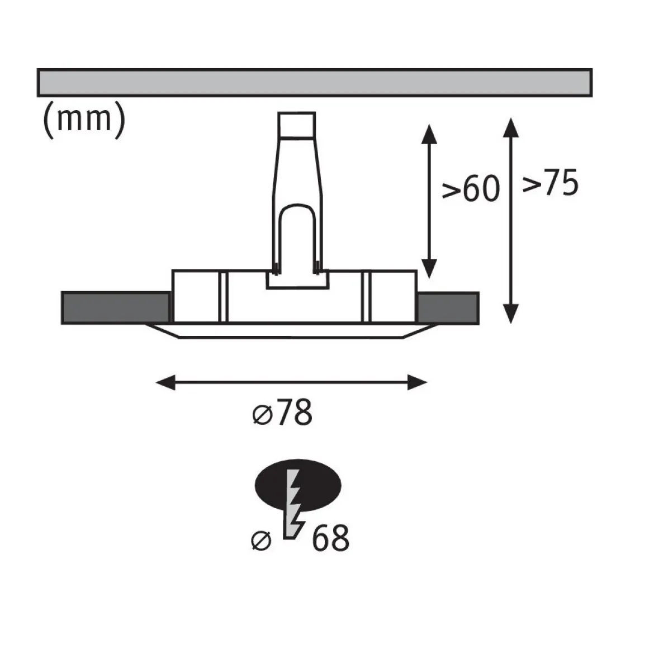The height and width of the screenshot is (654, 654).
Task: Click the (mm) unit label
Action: point(84,119)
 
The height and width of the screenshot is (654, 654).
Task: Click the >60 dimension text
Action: point(471,189)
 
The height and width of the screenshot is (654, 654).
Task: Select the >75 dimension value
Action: point(551,182)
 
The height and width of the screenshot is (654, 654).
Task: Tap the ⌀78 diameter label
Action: point(282,413)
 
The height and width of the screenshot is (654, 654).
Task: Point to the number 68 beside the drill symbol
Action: point(330,538)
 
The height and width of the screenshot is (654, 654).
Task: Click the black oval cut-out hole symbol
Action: point(298,485)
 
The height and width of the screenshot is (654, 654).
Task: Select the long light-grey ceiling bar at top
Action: point(315,83)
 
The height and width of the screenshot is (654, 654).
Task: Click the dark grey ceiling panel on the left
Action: point(116,308)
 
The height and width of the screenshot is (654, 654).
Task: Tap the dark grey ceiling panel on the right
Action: point(448,308)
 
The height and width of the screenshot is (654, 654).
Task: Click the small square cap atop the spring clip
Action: point(297,124)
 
